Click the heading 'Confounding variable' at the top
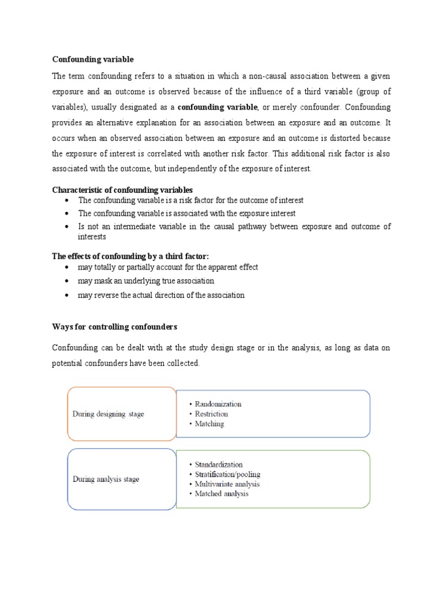tap(93, 59)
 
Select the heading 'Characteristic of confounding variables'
tap(122, 190)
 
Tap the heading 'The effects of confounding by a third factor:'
tap(130, 256)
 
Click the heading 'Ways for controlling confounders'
tap(114, 327)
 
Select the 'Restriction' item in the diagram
tap(211, 414)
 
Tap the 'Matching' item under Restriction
tap(209, 424)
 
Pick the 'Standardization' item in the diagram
tap(219, 465)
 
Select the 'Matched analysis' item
tap(221, 494)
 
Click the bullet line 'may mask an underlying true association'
tap(146, 281)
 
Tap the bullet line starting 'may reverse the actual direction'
tap(161, 295)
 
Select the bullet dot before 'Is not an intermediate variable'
tap(67, 227)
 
